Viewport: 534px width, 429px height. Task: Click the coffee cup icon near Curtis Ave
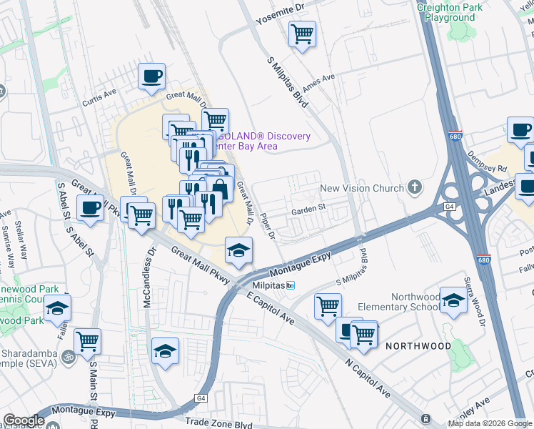click(x=151, y=75)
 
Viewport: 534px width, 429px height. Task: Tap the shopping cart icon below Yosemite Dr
click(x=303, y=33)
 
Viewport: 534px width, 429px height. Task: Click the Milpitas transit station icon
click(x=290, y=285)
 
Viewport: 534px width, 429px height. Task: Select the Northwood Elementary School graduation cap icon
click(x=453, y=300)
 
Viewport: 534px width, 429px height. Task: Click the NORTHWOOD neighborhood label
click(x=418, y=346)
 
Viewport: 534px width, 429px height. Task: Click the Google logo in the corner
click(x=23, y=420)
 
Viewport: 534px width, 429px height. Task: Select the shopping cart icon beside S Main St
click(x=87, y=341)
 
